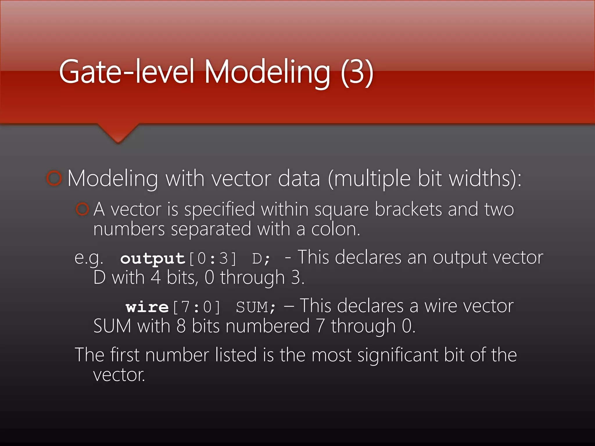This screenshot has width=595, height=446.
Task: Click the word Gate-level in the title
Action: (126, 72)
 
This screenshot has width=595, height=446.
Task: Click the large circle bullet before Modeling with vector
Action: (54, 178)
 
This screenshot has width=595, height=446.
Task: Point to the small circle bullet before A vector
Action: (82, 209)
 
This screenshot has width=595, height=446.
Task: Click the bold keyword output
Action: (153, 258)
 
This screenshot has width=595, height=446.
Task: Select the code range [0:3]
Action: (213, 258)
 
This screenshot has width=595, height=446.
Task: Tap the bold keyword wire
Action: (147, 307)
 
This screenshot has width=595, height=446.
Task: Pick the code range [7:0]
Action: (197, 307)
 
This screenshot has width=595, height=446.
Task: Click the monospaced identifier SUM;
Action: (256, 307)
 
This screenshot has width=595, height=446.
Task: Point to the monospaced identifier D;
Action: (261, 258)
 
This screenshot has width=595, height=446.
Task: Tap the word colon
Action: (336, 229)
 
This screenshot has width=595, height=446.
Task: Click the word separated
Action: (211, 229)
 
